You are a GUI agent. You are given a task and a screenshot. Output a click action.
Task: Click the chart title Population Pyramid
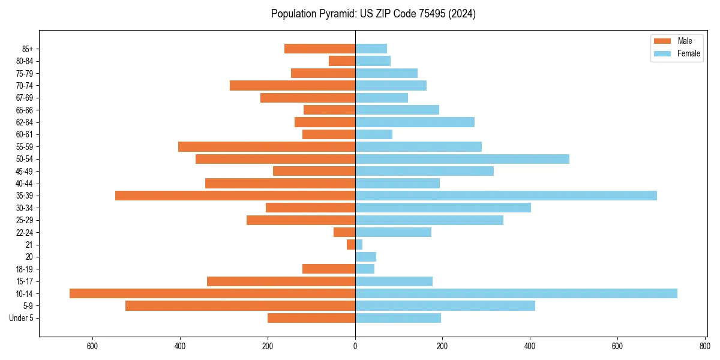pos(373,14)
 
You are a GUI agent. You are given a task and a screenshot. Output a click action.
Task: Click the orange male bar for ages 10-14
pos(212,293)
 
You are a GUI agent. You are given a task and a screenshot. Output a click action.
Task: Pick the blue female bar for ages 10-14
pos(516,293)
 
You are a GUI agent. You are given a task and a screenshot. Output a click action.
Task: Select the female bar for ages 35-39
pos(506,196)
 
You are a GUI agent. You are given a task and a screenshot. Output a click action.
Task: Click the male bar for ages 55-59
pos(266,146)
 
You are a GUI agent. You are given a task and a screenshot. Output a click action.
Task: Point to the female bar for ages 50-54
pos(462,159)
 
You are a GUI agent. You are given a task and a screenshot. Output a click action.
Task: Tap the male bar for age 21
pos(351,245)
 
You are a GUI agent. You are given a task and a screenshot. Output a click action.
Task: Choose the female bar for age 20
pos(365,257)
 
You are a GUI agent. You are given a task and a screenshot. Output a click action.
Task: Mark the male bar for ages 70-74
pos(292,85)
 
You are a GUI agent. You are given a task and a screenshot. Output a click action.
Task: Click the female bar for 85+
pos(371,49)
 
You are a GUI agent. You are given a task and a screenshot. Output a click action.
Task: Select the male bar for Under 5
pos(311,318)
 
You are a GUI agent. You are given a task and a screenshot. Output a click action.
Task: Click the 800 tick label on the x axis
pos(704,346)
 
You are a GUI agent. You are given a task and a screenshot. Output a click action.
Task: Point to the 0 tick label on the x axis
pos(355,346)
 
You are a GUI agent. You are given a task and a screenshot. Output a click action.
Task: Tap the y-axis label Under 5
pos(22,318)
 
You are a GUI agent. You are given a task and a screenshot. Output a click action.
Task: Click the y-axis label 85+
pos(27,49)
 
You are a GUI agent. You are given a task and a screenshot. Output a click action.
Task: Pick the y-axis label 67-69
pos(25,98)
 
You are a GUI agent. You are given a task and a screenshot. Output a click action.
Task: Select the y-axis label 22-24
pos(25,232)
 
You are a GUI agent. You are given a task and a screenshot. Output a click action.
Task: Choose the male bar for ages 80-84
pos(342,61)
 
